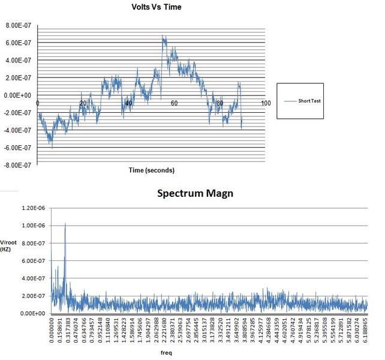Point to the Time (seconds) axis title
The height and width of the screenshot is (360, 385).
tap(152, 170)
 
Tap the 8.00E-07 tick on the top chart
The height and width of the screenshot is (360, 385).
tap(19, 26)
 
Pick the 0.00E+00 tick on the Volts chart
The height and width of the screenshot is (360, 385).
tap(19, 95)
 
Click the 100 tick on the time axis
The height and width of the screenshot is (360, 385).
tap(266, 103)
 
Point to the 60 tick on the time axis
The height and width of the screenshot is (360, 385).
tap(175, 103)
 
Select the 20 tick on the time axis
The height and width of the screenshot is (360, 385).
tap(83, 103)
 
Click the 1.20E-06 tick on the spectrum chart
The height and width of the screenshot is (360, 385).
tap(34, 209)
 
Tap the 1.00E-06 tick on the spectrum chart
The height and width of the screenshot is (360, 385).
tap(34, 226)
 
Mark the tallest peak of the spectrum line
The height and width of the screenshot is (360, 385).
tap(65, 224)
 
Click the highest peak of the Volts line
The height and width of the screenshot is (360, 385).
tap(163, 37)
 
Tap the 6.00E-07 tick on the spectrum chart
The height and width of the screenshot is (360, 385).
tap(34, 261)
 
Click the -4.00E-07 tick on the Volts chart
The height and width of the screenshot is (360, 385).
tap(19, 130)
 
